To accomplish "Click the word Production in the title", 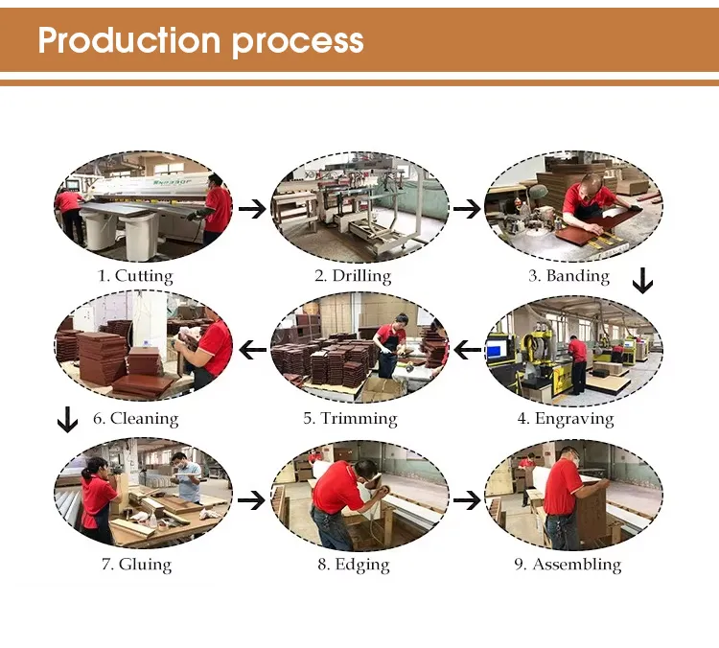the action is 129,40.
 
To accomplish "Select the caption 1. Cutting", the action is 136,276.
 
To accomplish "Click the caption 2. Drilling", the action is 353,276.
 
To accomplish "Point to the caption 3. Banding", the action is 569,276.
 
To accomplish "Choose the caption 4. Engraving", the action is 566,419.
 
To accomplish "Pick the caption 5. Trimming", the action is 350,419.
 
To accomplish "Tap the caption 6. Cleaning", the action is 136,419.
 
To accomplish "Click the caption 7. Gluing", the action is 137,565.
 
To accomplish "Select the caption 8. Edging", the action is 354,565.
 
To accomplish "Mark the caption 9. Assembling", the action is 568,565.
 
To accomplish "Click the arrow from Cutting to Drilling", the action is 252,209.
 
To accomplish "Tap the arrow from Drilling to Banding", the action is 467,209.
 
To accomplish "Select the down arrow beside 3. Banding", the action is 643,281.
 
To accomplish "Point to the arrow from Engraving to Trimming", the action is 467,351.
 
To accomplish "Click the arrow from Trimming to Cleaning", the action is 253,351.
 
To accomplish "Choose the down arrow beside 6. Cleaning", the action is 67,420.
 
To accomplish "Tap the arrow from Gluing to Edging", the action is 251,499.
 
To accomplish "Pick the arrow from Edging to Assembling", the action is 467,499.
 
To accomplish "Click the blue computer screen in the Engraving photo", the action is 495,351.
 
